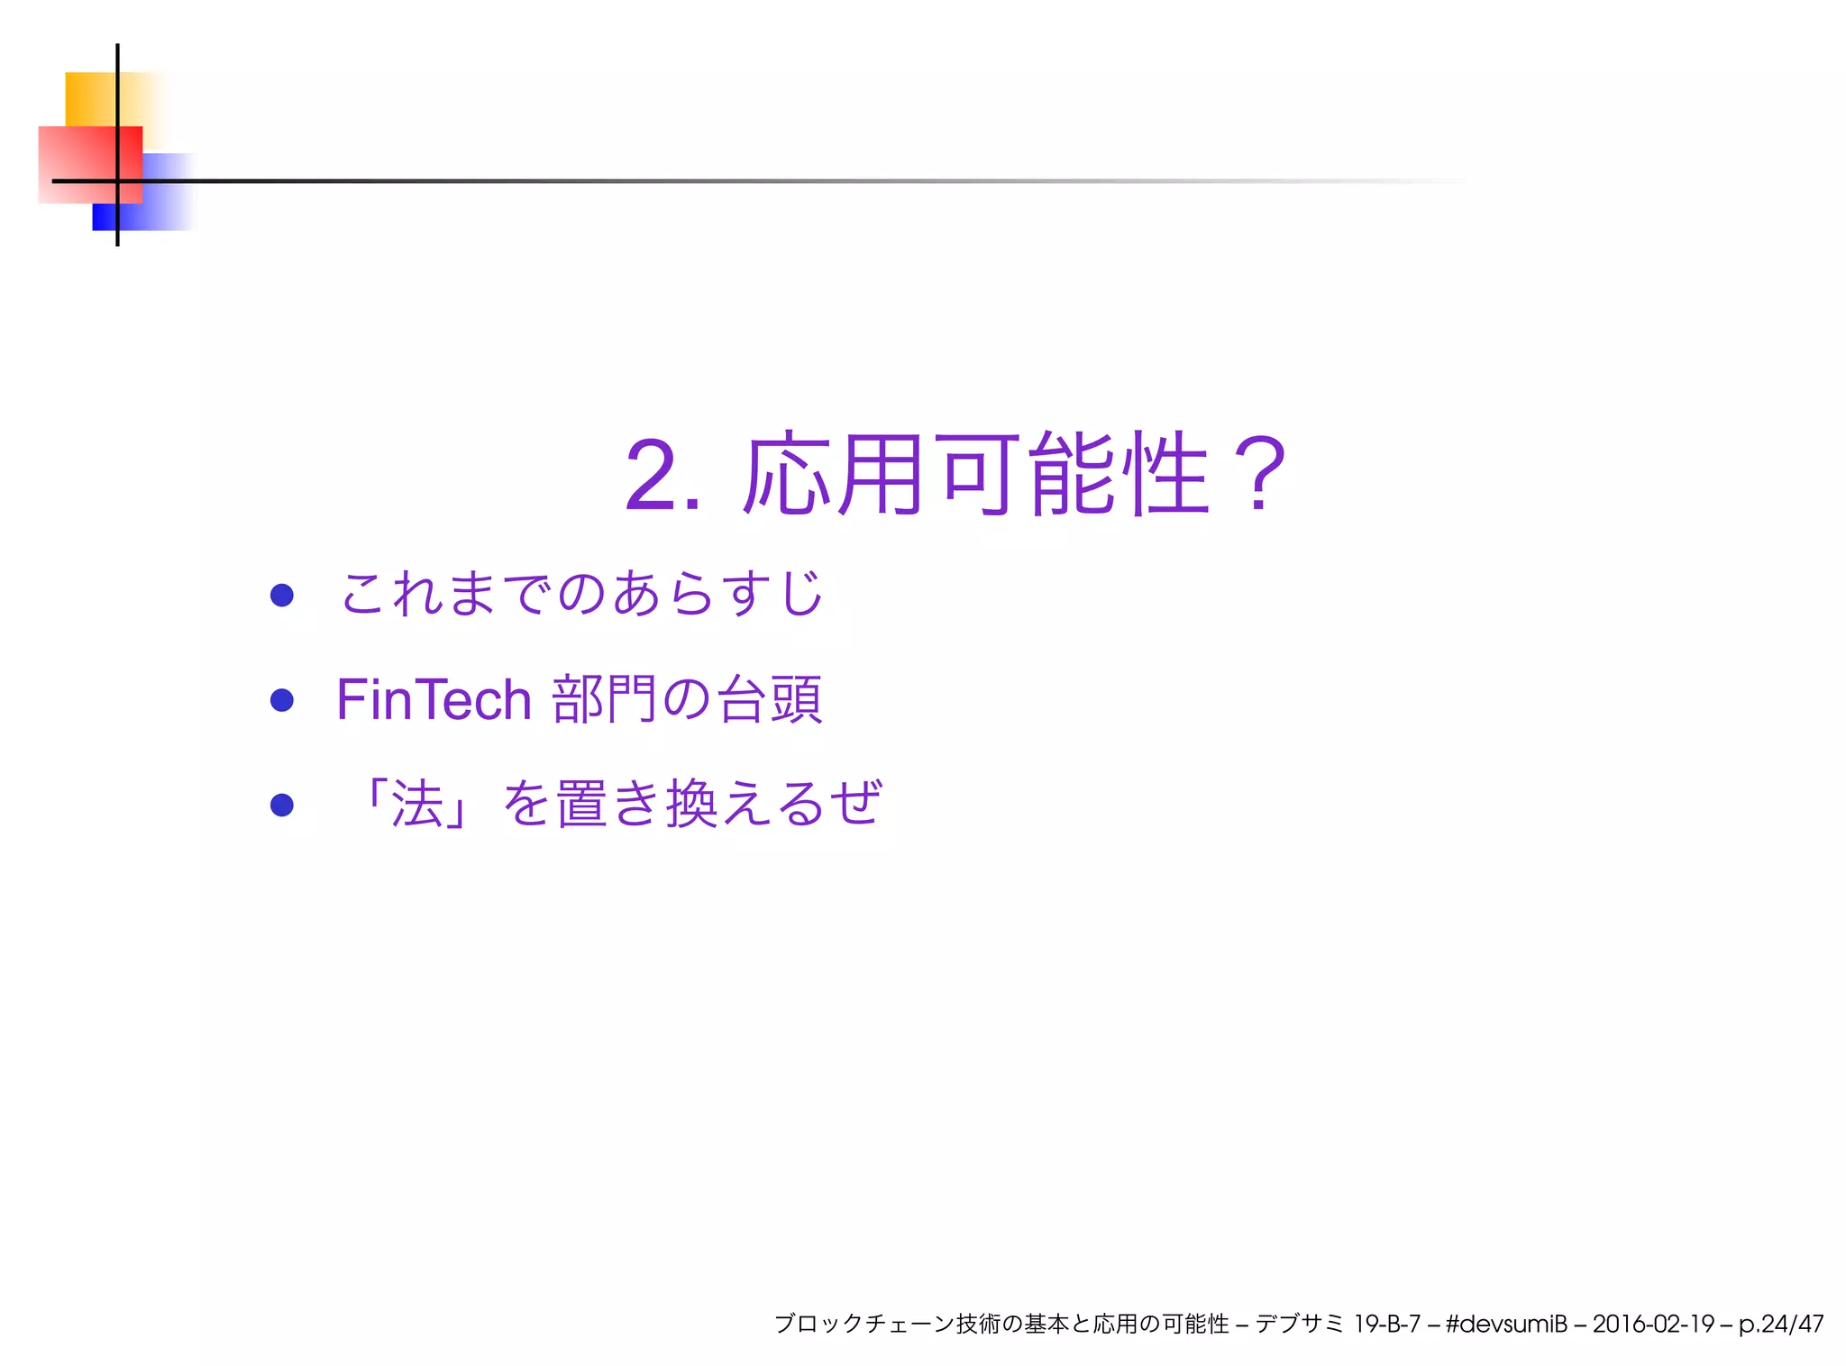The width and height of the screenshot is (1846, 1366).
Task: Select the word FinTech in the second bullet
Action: click(x=434, y=700)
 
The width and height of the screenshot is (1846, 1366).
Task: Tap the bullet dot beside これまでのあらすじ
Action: click(x=282, y=595)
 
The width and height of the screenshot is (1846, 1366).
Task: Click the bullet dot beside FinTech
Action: click(x=282, y=700)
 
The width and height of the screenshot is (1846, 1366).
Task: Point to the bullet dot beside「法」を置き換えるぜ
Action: click(x=282, y=805)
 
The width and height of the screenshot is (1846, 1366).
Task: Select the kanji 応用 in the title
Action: click(x=834, y=475)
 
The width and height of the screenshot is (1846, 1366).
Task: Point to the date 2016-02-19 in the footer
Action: click(x=1653, y=1324)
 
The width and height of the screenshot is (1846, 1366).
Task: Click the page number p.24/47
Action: click(x=1781, y=1324)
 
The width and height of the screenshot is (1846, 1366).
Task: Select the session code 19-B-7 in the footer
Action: click(x=1386, y=1324)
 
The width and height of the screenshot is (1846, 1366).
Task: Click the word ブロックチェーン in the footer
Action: click(x=864, y=1324)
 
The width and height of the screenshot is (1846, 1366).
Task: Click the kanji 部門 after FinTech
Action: click(x=604, y=700)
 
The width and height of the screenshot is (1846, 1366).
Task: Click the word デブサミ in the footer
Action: click(x=1299, y=1324)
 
